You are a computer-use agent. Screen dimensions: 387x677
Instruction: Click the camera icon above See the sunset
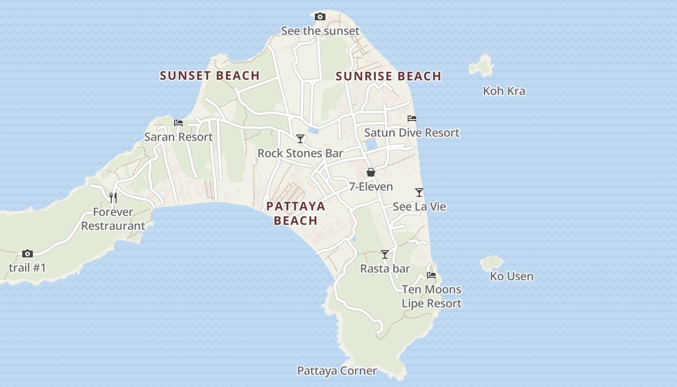pos(320,17)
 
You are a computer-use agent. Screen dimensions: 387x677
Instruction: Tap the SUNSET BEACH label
pos(210,75)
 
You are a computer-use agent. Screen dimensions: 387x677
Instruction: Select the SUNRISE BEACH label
pos(388,76)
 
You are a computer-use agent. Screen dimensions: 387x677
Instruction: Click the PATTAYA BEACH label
pos(295,213)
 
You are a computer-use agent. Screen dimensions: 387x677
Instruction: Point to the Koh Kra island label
pos(504,91)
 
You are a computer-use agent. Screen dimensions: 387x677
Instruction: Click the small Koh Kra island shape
pos(481,65)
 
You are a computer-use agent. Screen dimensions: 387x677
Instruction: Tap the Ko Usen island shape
pos(492,264)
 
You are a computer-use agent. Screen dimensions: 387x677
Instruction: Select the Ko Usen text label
pos(512,276)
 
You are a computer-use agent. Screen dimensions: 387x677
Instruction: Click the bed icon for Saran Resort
pos(178,123)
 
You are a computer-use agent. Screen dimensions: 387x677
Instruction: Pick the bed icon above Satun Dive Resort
pos(412,119)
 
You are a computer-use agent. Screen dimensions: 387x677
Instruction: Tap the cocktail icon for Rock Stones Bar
pos(300,139)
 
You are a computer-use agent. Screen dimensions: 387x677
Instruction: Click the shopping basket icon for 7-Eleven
pos(371,172)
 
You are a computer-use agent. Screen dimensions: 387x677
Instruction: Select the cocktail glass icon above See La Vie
pos(419,193)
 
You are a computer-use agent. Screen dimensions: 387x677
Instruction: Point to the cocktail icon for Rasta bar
pos(385,254)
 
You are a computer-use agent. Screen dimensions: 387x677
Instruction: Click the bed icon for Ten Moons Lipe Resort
pos(431,275)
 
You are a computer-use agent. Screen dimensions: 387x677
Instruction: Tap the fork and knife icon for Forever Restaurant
pos(113,197)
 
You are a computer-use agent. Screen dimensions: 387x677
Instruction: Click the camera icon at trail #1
pos(28,253)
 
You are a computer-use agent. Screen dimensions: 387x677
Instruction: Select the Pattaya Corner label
pos(337,371)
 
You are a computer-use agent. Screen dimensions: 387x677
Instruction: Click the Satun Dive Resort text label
pos(412,133)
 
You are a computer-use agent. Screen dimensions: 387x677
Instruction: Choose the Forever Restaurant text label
pos(113,219)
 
